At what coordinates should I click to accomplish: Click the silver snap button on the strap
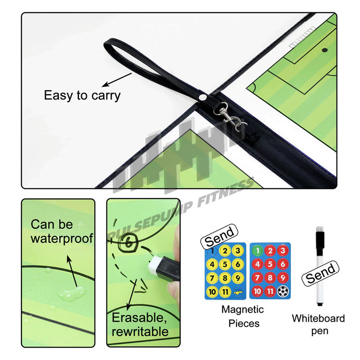pos(202,97)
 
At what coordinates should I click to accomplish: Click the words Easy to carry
pos(82,96)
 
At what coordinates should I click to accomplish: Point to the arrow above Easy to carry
pos(117,80)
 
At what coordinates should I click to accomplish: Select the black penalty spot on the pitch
pos(324,50)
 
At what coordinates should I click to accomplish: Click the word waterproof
pos(62,238)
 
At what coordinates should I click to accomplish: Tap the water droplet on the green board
pos(72,294)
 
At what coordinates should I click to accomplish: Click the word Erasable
pos(139,318)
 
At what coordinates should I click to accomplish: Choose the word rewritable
pos(140,332)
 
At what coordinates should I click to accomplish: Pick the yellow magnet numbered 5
pos(225,264)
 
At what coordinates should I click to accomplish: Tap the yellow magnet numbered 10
pos(212,292)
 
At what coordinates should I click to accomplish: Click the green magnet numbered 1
pos(257,251)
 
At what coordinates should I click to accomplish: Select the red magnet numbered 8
pos(270,278)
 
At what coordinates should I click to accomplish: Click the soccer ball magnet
pos(283,291)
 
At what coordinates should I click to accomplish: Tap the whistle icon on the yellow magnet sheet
pos(238,292)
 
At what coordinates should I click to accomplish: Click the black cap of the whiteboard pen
pos(320,243)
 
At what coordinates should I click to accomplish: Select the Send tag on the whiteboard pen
pos(320,274)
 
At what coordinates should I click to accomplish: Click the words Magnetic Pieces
pos(243,316)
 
